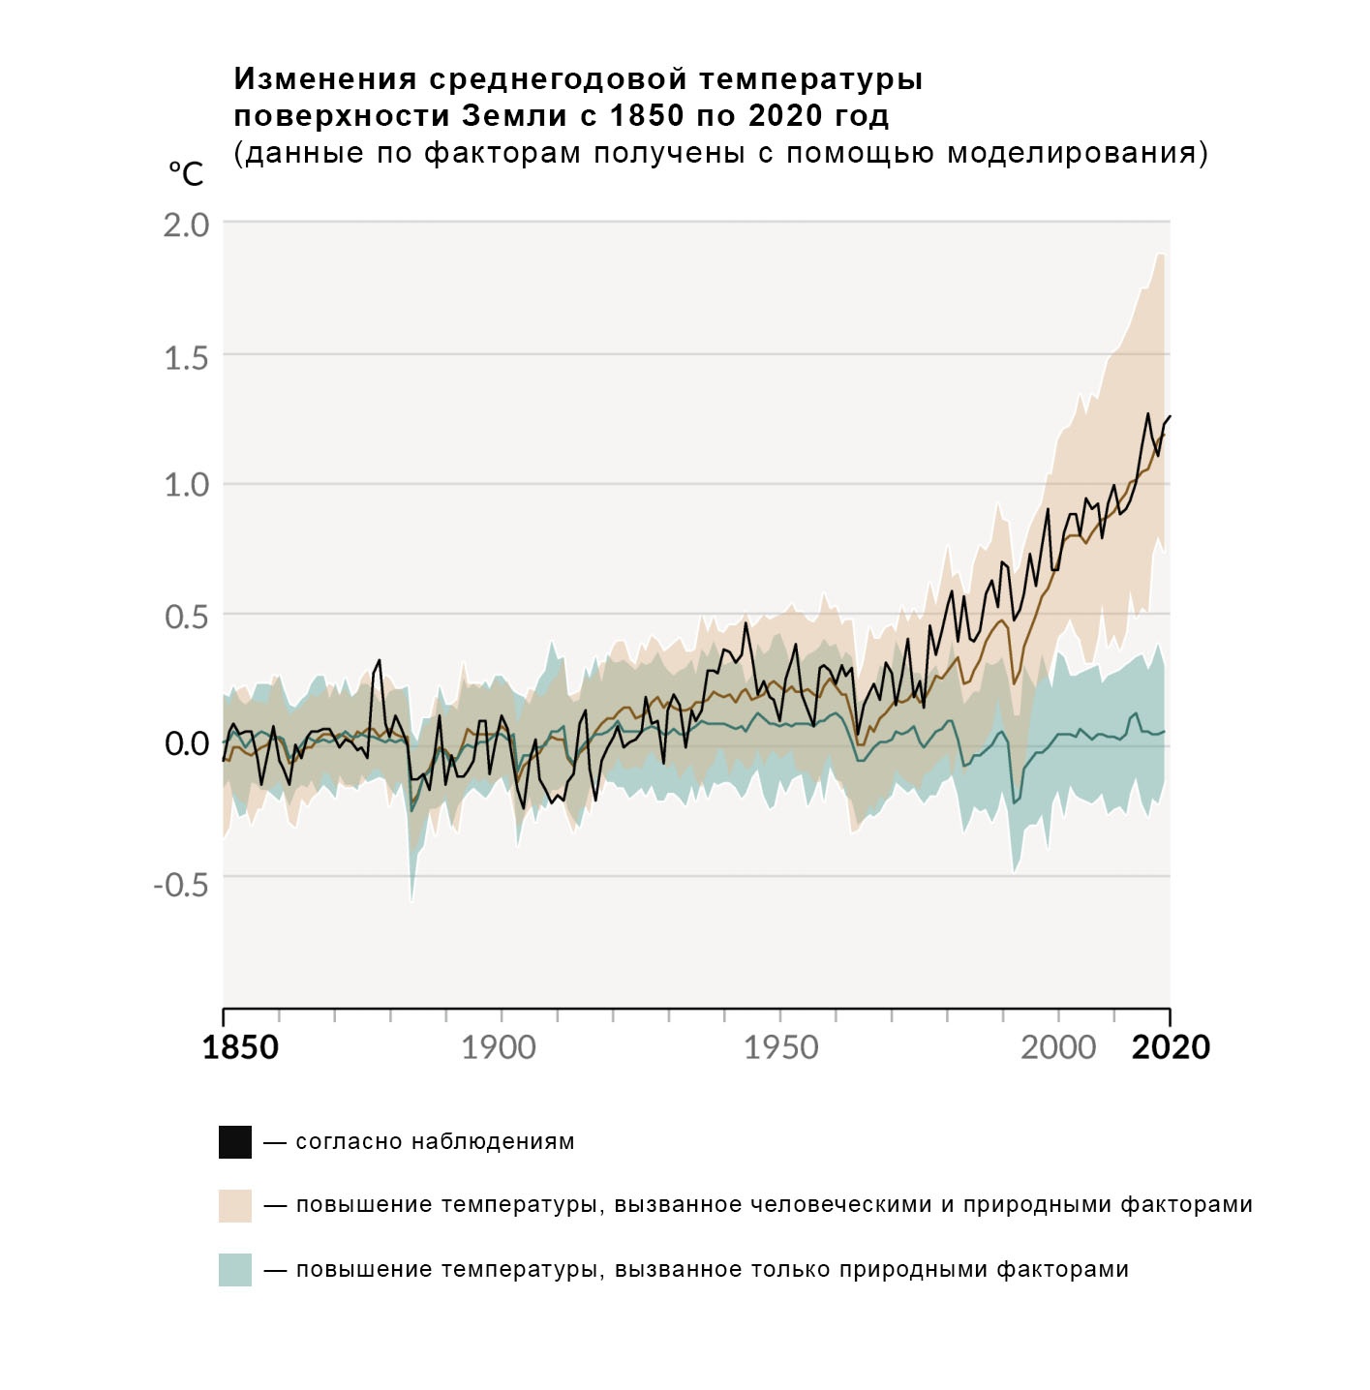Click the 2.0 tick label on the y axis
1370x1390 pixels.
click(x=186, y=225)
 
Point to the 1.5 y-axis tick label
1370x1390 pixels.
click(x=186, y=358)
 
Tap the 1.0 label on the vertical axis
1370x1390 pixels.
click(x=186, y=485)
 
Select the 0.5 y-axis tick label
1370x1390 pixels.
click(x=186, y=617)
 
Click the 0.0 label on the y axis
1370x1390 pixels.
click(x=186, y=743)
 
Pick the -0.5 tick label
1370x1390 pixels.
click(x=181, y=884)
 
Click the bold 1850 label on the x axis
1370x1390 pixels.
click(x=240, y=1047)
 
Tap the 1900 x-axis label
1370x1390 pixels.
click(x=499, y=1047)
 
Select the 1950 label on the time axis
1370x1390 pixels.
click(x=780, y=1047)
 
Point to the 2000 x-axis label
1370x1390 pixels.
click(x=1058, y=1047)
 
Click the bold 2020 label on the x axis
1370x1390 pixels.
click(x=1171, y=1047)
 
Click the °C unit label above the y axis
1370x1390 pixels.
click(x=186, y=174)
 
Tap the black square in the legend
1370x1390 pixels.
click(x=235, y=1142)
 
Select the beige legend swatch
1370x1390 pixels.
click(x=235, y=1206)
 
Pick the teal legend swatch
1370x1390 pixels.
click(x=235, y=1270)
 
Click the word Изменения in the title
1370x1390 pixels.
click(x=325, y=79)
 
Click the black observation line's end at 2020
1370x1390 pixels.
click(x=1170, y=416)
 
